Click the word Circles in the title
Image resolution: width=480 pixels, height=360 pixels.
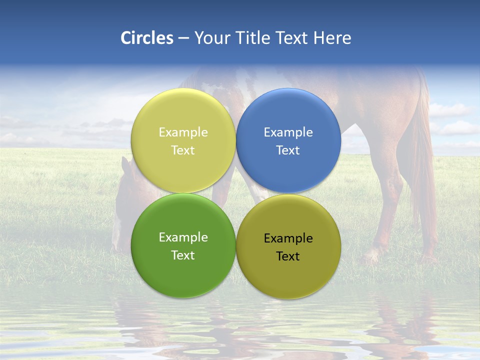click(147, 38)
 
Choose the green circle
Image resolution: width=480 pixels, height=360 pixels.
click(183, 270)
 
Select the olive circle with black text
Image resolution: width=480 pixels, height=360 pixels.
click(288, 272)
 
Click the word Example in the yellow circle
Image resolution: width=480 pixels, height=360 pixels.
click(183, 132)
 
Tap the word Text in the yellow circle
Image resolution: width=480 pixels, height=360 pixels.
click(183, 150)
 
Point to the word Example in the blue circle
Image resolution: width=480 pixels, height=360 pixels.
click(288, 132)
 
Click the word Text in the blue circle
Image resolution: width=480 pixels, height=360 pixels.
click(288, 150)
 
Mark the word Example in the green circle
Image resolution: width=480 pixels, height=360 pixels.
click(183, 237)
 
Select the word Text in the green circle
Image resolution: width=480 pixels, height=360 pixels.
click(183, 255)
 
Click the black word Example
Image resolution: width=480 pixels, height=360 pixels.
click(288, 238)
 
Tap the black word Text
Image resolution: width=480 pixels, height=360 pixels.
click(288, 256)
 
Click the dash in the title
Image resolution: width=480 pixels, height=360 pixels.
click(183, 38)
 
